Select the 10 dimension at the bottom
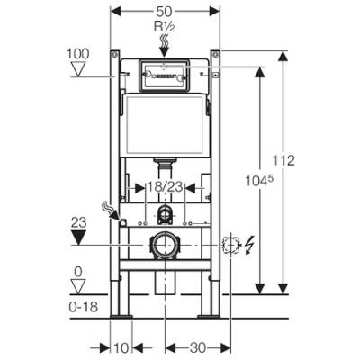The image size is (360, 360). coord(121,346)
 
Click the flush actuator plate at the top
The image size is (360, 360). coord(165,76)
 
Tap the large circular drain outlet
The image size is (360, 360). coord(165,244)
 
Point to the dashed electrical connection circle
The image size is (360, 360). coord(229,243)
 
